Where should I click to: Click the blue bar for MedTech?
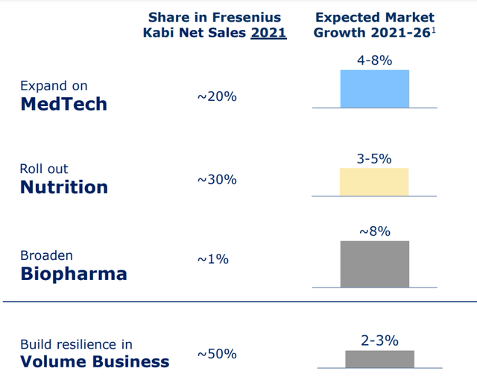[x=374, y=89]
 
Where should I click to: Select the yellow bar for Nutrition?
[x=374, y=181]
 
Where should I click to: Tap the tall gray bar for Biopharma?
[x=374, y=264]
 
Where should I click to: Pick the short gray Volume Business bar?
[x=379, y=358]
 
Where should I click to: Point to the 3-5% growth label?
[x=374, y=158]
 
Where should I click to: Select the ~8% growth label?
[x=374, y=231]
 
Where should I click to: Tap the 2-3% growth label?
[x=379, y=340]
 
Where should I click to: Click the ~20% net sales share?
[x=217, y=96]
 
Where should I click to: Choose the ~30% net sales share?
[x=217, y=179]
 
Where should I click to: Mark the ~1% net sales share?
[x=213, y=259]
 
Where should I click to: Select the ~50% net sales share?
[x=217, y=353]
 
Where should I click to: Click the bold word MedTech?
[x=63, y=104]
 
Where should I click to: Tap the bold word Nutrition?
[x=64, y=187]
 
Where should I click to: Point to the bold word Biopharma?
[x=73, y=273]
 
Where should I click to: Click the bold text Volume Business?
[x=95, y=362]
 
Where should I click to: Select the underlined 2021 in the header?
[x=271, y=32]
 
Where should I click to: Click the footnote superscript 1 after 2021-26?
[x=433, y=29]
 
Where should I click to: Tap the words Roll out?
[x=44, y=169]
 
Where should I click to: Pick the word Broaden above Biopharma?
[x=46, y=255]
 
